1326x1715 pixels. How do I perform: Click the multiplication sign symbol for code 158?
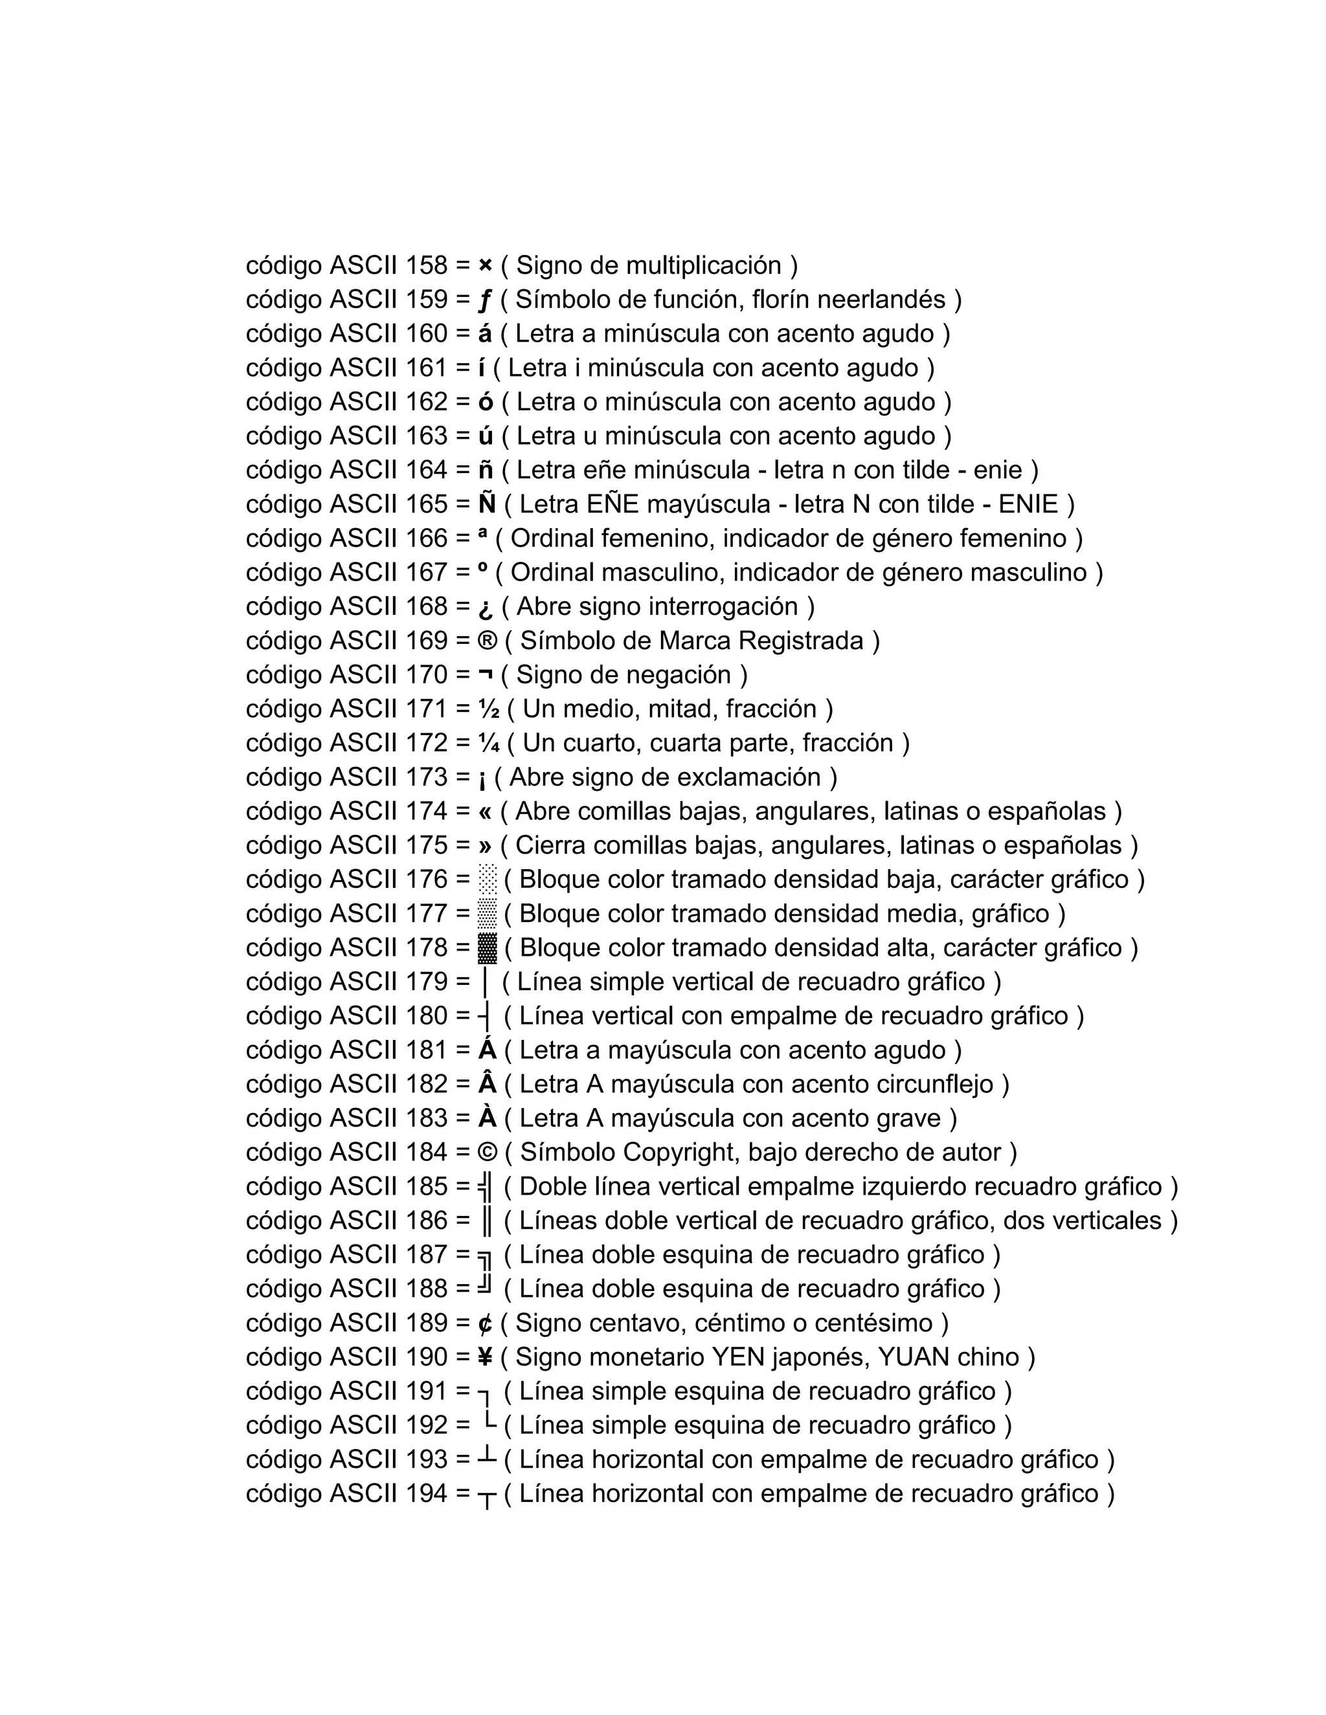[x=485, y=266]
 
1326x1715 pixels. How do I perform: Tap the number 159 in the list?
[x=427, y=300]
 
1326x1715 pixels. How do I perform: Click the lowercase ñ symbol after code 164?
[x=486, y=470]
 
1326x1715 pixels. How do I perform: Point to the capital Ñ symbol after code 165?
[x=487, y=503]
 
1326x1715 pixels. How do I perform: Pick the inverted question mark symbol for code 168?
[x=486, y=608]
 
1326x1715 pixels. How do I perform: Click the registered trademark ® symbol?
[x=487, y=641]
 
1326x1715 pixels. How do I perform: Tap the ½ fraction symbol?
[x=489, y=709]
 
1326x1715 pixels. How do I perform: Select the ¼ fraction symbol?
[x=489, y=743]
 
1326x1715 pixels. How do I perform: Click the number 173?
[x=427, y=777]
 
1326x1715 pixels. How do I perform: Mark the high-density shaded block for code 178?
[x=488, y=949]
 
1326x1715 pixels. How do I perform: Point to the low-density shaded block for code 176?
[x=488, y=880]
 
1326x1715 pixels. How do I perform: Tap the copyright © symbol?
[x=487, y=1153]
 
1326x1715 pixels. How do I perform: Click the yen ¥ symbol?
[x=485, y=1358]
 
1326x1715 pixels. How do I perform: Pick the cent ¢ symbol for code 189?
[x=485, y=1324]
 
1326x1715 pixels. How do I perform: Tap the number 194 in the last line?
[x=427, y=1494]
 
